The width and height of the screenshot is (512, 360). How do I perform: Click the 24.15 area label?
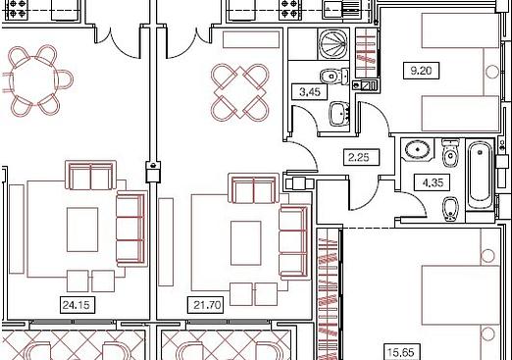pyautogui.click(x=77, y=305)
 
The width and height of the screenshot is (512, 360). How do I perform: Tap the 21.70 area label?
pyautogui.click(x=207, y=305)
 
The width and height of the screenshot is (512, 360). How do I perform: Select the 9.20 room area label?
pyautogui.click(x=421, y=70)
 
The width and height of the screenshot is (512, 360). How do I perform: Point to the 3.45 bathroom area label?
pyautogui.click(x=310, y=92)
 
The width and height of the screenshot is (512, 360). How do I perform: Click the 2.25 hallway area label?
pyautogui.click(x=359, y=157)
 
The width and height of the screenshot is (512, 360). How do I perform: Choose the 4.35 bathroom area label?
pyautogui.click(x=433, y=182)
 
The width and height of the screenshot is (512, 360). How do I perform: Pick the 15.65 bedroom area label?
pyautogui.click(x=401, y=352)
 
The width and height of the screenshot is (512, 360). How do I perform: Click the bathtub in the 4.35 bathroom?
pyautogui.click(x=480, y=176)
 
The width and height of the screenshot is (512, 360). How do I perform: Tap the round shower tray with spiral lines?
pyautogui.click(x=333, y=44)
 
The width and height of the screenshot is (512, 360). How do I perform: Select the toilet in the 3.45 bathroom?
pyautogui.click(x=334, y=77)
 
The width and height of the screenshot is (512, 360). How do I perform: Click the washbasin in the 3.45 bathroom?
pyautogui.click(x=339, y=114)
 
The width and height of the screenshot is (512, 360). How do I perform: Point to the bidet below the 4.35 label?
pyautogui.click(x=450, y=209)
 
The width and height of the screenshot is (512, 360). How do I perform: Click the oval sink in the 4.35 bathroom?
pyautogui.click(x=418, y=150)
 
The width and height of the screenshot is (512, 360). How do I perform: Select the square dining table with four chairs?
pyautogui.click(x=239, y=92)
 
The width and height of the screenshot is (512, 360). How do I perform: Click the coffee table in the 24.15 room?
pyautogui.click(x=82, y=230)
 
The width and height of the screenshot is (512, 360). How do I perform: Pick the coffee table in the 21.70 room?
pyautogui.click(x=246, y=243)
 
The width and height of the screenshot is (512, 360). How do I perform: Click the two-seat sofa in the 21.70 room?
pyautogui.click(x=253, y=187)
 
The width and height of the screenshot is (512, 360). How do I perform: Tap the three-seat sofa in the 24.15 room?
pyautogui.click(x=130, y=229)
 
